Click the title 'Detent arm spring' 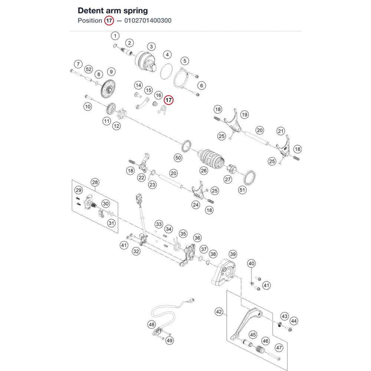pos(113,11)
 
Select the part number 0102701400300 pos(148,20)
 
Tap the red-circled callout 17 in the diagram pos(169,100)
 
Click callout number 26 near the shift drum pos(204,171)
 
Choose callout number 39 pos(233,254)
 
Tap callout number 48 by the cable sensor pos(152,324)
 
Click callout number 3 pos(151,46)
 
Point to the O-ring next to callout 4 pos(166,72)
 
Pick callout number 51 pos(242,190)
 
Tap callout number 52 pos(89,69)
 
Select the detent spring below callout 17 pos(162,110)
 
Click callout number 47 pos(279,348)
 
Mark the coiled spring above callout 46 pos(260,349)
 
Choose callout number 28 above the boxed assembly pos(95,182)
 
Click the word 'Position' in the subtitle pos(90,20)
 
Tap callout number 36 pos(197,238)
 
